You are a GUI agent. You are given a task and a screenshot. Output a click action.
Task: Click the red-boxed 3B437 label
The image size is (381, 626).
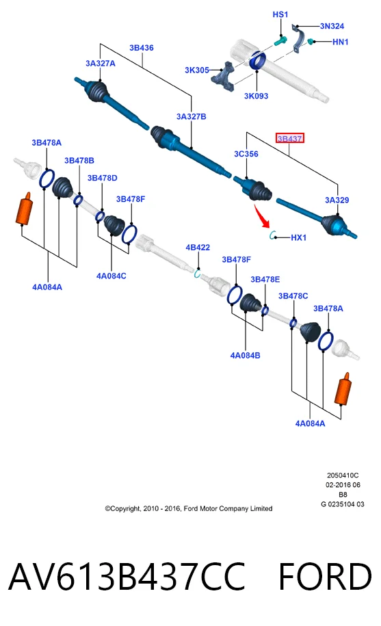click(x=289, y=138)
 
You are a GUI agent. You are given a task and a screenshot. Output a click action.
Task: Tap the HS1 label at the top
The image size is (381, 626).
click(x=280, y=14)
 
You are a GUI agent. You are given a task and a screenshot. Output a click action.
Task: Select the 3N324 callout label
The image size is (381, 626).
click(x=332, y=26)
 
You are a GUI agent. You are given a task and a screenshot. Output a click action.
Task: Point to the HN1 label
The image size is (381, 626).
click(x=341, y=42)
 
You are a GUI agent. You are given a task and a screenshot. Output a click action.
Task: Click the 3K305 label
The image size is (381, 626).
click(x=197, y=70)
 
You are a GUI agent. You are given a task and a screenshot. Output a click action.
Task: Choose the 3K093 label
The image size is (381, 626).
click(x=256, y=96)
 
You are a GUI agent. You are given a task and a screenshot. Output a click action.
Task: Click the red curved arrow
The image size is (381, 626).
click(x=262, y=216)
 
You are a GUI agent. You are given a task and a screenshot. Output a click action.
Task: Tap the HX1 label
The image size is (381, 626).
click(x=298, y=237)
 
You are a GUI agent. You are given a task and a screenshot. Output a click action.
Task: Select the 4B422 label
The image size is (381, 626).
click(x=198, y=248)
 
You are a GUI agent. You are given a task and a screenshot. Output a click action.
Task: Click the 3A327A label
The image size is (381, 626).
click(x=101, y=64)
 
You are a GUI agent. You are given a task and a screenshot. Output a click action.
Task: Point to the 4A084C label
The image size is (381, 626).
click(x=111, y=276)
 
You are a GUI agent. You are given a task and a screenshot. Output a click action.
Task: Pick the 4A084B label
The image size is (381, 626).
click(x=245, y=355)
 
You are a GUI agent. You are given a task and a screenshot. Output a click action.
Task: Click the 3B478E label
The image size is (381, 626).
click(x=265, y=279)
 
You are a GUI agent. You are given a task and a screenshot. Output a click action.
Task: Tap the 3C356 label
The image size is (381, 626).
click(x=246, y=154)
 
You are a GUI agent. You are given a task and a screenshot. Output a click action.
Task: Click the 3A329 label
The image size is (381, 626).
click(x=337, y=200)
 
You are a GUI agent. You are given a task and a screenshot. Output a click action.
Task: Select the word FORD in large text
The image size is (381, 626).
click(x=325, y=577)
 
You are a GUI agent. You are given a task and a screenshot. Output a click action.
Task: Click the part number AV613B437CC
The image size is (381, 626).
click(x=127, y=577)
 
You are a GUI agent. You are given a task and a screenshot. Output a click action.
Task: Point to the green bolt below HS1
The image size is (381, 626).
click(x=280, y=40)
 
